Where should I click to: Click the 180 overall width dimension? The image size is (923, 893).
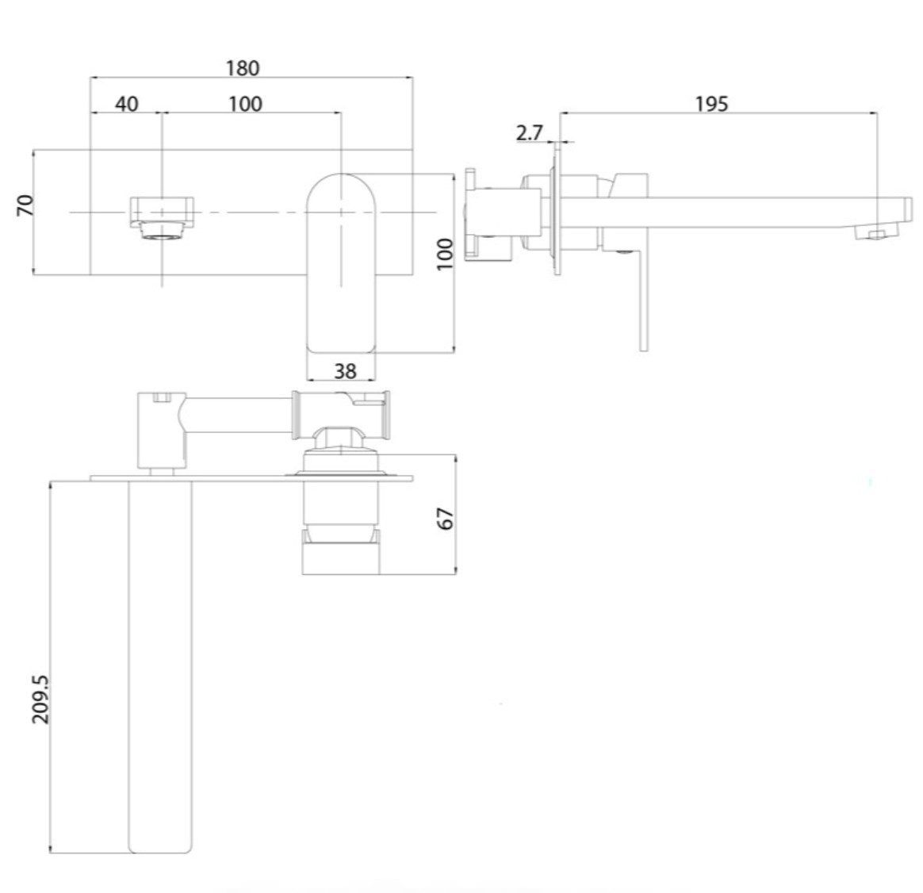pos(242,68)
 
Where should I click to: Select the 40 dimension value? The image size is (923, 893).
pos(127,104)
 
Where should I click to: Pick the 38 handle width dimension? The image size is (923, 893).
pos(344,370)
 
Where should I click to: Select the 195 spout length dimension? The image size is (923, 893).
pos(711,104)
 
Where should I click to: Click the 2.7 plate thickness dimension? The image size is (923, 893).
pos(529,132)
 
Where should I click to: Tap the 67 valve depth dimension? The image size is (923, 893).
pos(446,518)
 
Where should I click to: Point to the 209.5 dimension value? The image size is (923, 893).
pos(40,698)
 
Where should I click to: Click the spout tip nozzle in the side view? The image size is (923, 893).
pos(876,233)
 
